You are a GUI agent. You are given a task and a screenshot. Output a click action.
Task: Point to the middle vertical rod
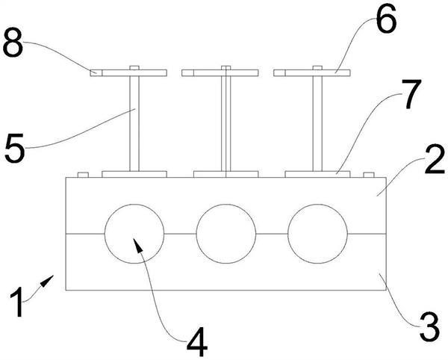coord(225,123)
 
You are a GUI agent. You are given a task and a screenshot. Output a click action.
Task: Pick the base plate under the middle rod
coord(225,173)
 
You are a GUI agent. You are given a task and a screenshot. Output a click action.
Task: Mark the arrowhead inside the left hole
coord(137,243)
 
